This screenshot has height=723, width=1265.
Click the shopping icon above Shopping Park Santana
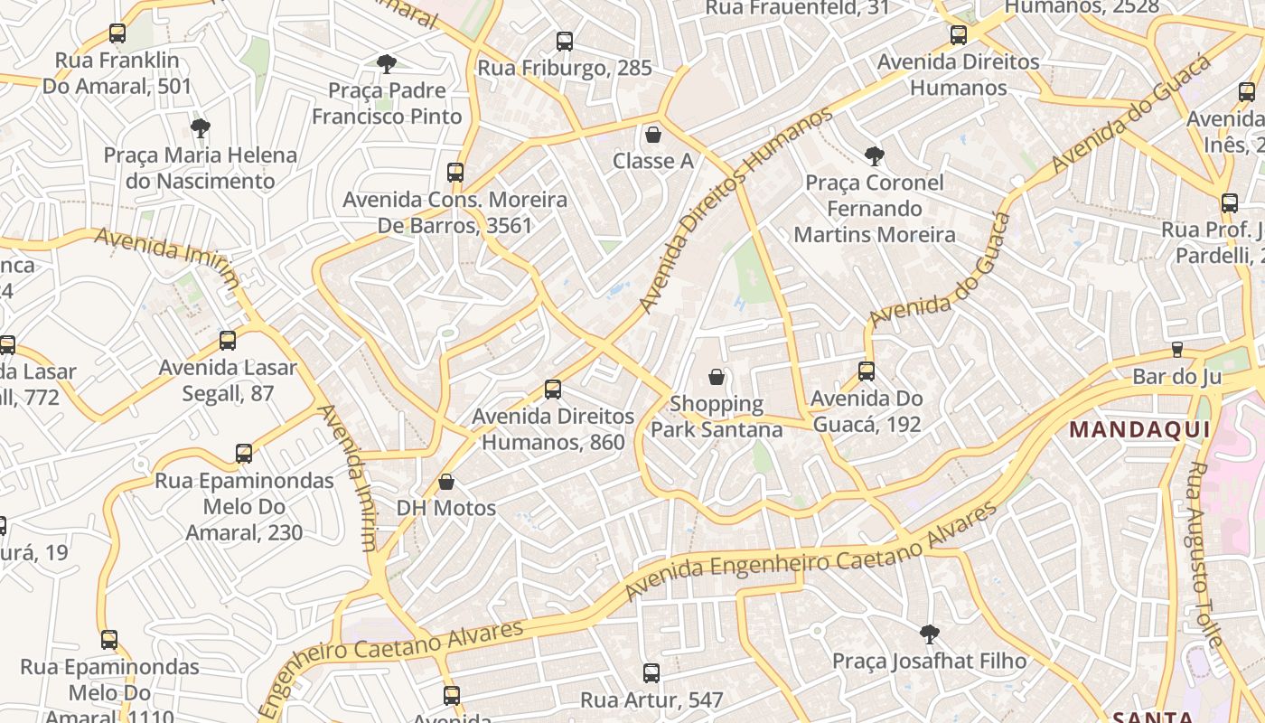(717, 376)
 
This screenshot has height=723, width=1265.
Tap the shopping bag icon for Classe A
(653, 135)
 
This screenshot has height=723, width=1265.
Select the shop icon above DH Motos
(446, 482)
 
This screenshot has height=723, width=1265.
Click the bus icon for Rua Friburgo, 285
(565, 41)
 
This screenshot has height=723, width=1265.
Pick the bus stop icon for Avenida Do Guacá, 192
(867, 371)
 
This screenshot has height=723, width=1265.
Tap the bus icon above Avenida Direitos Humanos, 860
(553, 390)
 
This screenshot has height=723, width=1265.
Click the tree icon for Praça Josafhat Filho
(929, 634)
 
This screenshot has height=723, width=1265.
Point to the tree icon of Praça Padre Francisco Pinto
(387, 63)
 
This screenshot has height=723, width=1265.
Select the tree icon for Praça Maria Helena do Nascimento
(201, 127)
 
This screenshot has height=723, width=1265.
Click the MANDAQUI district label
(1139, 429)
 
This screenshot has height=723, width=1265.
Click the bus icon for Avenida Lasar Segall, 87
(228, 341)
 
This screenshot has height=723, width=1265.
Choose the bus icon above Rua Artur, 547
(651, 672)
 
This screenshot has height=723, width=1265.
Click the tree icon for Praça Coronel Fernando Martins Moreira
(875, 155)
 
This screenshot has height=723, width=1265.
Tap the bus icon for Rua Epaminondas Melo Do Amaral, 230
(244, 454)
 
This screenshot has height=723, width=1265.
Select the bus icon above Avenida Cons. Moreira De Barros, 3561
(455, 172)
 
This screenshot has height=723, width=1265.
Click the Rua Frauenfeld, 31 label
(797, 8)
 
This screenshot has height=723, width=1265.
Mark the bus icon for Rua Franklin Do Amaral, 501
(117, 33)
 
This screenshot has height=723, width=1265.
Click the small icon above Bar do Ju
(1176, 349)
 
